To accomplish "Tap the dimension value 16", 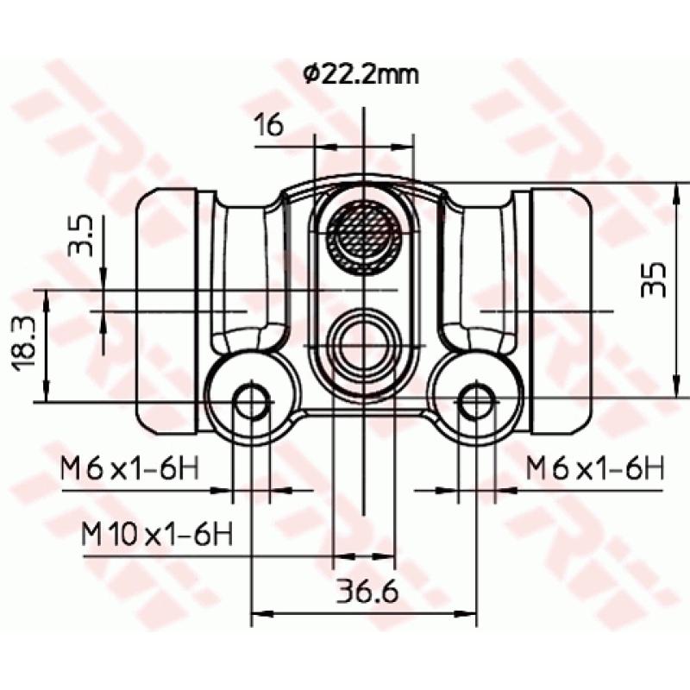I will pyautogui.click(x=268, y=126).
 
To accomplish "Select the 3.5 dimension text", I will pyautogui.click(x=82, y=236).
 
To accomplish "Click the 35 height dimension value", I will pyautogui.click(x=655, y=279).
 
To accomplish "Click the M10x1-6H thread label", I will pyautogui.click(x=157, y=534).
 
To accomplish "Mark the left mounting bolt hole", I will pyautogui.click(x=251, y=401).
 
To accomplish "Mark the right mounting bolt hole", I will pyautogui.click(x=475, y=401).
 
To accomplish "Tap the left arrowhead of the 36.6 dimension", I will pyautogui.click(x=258, y=615).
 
